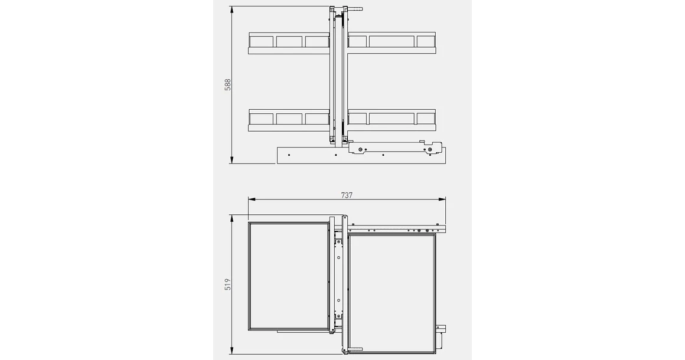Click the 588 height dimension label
[x=228, y=85]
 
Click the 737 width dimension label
[x=347, y=195]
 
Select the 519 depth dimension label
[x=228, y=284]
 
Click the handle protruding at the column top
[x=354, y=10]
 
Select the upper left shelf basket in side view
[x=288, y=42]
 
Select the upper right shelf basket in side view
[x=392, y=42]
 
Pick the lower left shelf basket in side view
[x=288, y=120]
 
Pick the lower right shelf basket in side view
[x=392, y=120]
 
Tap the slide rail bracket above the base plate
[x=396, y=147]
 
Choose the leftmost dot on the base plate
[x=289, y=155]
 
